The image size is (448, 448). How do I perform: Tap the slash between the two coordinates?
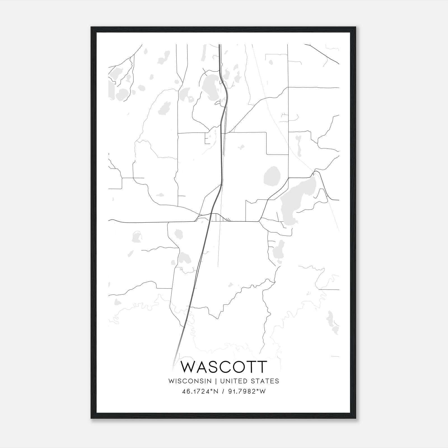223,391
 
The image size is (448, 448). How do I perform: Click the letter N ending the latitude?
217,391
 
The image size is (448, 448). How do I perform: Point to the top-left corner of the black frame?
92,27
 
